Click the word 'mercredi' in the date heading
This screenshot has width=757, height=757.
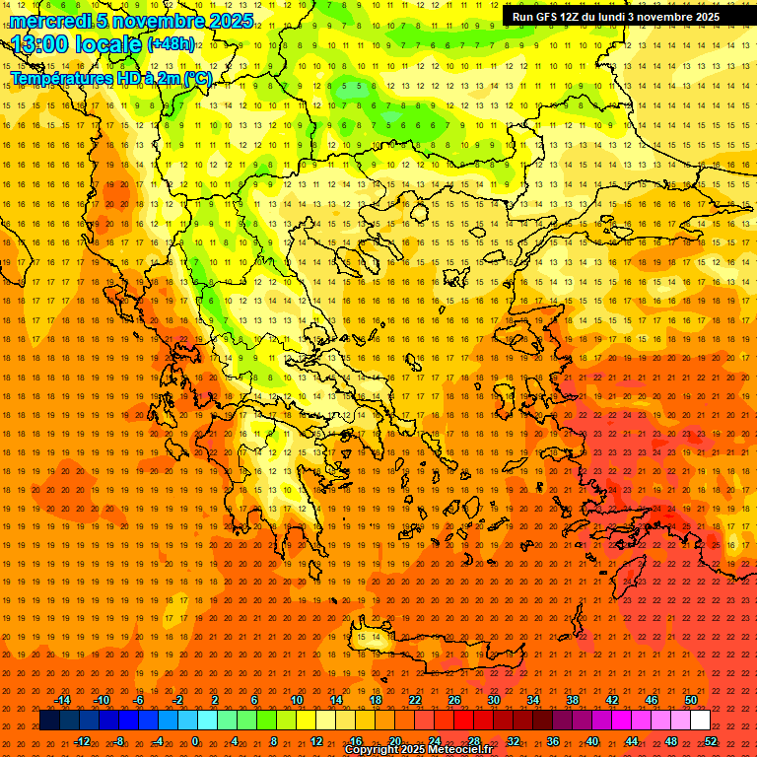51,21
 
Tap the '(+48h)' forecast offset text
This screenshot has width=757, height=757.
171,43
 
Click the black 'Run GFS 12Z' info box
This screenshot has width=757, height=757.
616,17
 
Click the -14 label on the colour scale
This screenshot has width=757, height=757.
62,700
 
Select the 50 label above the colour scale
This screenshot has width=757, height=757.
690,700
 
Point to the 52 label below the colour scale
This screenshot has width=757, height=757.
711,741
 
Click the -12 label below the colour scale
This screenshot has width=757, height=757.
82,741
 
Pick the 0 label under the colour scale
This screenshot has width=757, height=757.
195,741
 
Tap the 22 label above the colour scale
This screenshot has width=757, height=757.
415,700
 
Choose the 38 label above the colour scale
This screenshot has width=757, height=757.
572,700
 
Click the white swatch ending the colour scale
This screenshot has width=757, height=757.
700,721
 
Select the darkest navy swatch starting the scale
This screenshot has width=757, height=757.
49,721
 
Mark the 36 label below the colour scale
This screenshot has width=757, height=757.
553,741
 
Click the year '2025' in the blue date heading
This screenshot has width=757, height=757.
231,21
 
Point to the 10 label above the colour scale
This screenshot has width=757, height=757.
297,700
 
